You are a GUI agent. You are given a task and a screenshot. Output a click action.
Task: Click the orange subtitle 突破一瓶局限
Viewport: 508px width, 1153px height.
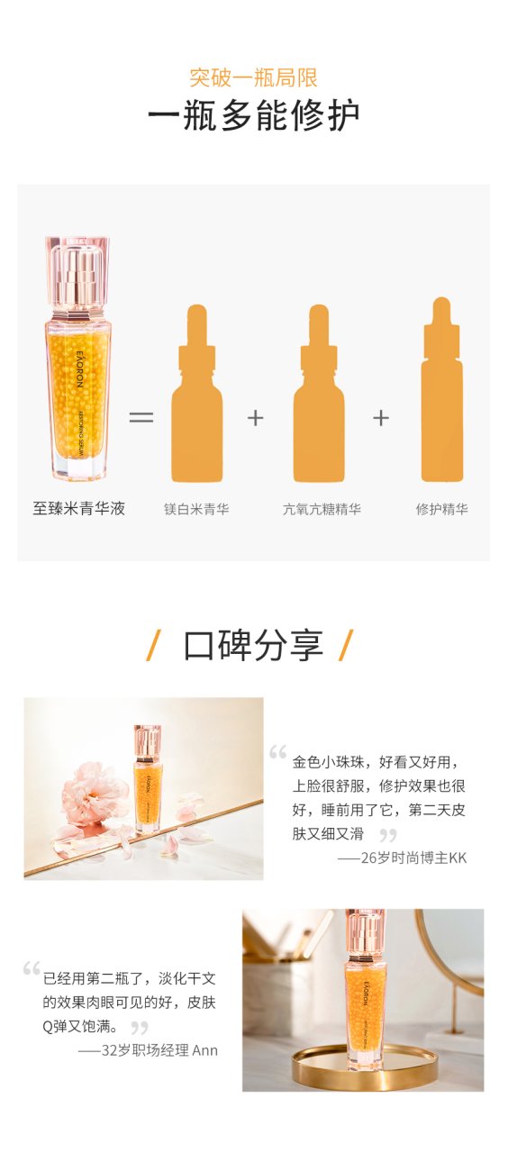pyautogui.click(x=253, y=78)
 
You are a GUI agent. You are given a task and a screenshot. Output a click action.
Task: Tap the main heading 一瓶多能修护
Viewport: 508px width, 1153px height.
pyautogui.click(x=253, y=116)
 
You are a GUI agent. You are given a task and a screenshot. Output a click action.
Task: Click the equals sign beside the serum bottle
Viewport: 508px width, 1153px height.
pyautogui.click(x=141, y=416)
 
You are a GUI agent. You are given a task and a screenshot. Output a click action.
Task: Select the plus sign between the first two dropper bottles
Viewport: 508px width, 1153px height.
pyautogui.click(x=255, y=417)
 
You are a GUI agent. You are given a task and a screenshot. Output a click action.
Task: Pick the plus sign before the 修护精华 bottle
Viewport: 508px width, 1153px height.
pyautogui.click(x=380, y=417)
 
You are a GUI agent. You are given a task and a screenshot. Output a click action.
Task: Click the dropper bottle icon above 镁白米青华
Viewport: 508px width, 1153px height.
pyautogui.click(x=197, y=394)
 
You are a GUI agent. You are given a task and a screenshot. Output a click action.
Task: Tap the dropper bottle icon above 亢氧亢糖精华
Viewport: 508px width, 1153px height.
pyautogui.click(x=319, y=394)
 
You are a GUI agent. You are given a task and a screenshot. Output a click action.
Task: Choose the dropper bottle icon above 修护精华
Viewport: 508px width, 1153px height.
pyautogui.click(x=441, y=389)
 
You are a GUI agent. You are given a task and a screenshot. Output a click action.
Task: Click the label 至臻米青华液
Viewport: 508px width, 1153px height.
pyautogui.click(x=78, y=509)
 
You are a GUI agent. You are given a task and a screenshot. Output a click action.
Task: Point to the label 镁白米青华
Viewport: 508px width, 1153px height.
pyautogui.click(x=196, y=509)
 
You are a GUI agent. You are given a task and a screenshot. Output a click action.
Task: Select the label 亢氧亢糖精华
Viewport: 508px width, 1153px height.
pyautogui.click(x=322, y=509)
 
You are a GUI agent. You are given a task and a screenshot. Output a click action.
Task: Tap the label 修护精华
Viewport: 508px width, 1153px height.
pyautogui.click(x=441, y=509)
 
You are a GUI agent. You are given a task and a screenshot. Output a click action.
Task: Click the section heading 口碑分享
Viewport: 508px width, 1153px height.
pyautogui.click(x=253, y=644)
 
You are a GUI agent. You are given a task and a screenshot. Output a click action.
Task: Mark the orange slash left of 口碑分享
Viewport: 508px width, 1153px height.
pyautogui.click(x=153, y=644)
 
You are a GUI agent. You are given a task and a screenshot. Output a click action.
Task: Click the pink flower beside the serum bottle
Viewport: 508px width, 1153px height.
pyautogui.click(x=94, y=793)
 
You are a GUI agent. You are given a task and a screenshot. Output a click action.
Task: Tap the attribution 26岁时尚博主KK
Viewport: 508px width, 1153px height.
pyautogui.click(x=403, y=858)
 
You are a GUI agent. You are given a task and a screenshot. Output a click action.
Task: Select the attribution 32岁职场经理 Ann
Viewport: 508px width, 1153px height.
pyautogui.click(x=149, y=1050)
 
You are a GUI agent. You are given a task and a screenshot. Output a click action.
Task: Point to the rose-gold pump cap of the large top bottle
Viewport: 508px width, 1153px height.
pyautogui.click(x=77, y=273)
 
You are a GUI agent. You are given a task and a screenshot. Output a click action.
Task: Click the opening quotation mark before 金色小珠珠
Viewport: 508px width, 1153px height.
pyautogui.click(x=278, y=751)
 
